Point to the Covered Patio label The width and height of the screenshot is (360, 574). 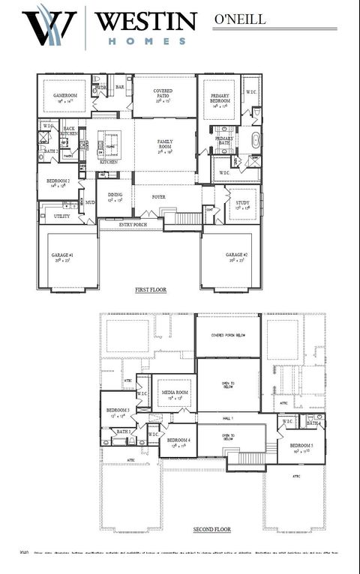click(163, 93)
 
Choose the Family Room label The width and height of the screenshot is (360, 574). click(165, 143)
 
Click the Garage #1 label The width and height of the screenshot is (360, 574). click(64, 256)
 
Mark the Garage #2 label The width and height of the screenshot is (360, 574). click(236, 256)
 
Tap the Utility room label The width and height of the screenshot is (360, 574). click(62, 216)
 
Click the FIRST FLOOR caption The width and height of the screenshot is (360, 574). click(151, 289)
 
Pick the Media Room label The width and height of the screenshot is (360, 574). click(175, 393)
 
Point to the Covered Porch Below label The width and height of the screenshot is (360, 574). click(227, 335)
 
